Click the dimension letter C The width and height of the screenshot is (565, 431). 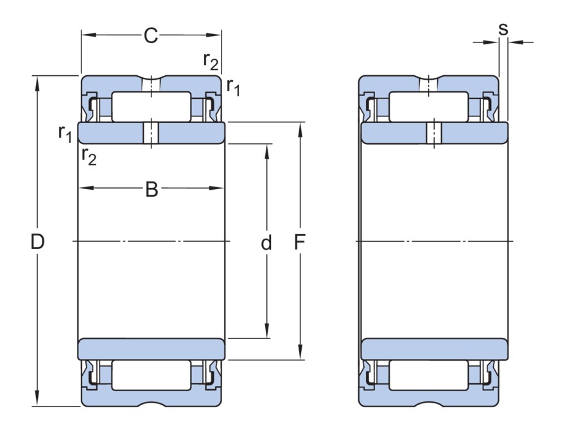pos(151,36)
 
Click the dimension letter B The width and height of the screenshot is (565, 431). pos(151,189)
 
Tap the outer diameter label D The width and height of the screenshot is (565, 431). pos(38,243)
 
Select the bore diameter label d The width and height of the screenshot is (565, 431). pos(266,243)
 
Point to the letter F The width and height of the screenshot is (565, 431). pos(300,243)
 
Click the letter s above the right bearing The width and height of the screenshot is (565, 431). pos(503,29)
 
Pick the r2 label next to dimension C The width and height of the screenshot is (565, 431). pos(211,60)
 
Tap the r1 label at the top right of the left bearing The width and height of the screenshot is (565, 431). pos(232,86)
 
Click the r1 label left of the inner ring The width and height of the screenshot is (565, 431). pos(65,133)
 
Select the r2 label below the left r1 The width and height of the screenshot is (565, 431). pos(89,156)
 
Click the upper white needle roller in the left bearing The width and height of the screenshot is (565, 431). pos(151,107)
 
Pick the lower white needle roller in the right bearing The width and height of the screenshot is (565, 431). pos(428,375)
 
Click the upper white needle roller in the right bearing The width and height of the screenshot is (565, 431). pos(428,107)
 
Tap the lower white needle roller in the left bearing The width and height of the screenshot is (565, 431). pos(151,375)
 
